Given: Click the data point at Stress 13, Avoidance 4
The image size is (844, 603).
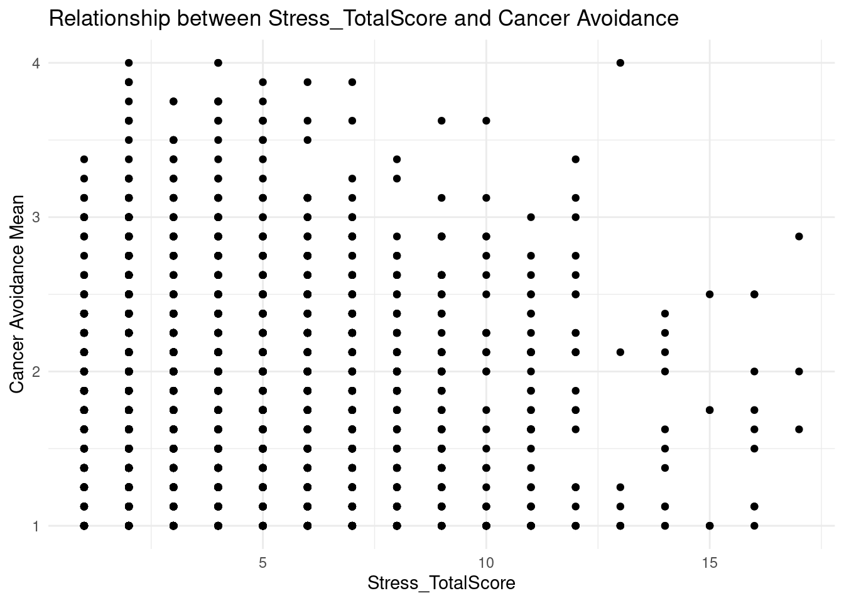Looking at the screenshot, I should click(620, 63).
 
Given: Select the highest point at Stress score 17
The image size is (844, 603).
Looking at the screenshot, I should click(799, 236).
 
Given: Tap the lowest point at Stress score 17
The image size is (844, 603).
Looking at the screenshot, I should click(799, 429).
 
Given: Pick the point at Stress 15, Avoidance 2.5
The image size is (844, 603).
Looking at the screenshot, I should click(710, 294).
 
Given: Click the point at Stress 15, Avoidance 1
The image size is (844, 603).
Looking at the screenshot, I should click(710, 525).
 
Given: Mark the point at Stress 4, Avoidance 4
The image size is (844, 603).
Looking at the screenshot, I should click(218, 63).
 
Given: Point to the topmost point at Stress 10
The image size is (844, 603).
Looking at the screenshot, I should click(486, 121).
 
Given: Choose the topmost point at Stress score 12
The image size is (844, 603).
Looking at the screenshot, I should click(575, 159).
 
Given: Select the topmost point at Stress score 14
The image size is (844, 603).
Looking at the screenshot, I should click(665, 313).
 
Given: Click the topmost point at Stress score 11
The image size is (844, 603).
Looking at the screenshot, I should click(531, 217).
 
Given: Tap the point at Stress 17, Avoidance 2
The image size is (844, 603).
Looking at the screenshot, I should click(799, 371).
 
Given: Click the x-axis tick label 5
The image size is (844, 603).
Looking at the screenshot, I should click(263, 561).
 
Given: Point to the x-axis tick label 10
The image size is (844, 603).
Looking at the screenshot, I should click(486, 561).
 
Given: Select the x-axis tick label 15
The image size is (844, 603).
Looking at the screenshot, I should click(710, 561).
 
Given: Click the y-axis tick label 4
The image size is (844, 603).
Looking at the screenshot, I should click(36, 63).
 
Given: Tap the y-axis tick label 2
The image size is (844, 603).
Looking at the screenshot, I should click(36, 371).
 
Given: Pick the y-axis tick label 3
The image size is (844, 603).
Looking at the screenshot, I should click(36, 217).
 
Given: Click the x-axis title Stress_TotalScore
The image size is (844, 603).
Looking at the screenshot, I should click(441, 584).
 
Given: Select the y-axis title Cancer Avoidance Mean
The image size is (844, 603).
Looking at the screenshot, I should click(17, 294).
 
